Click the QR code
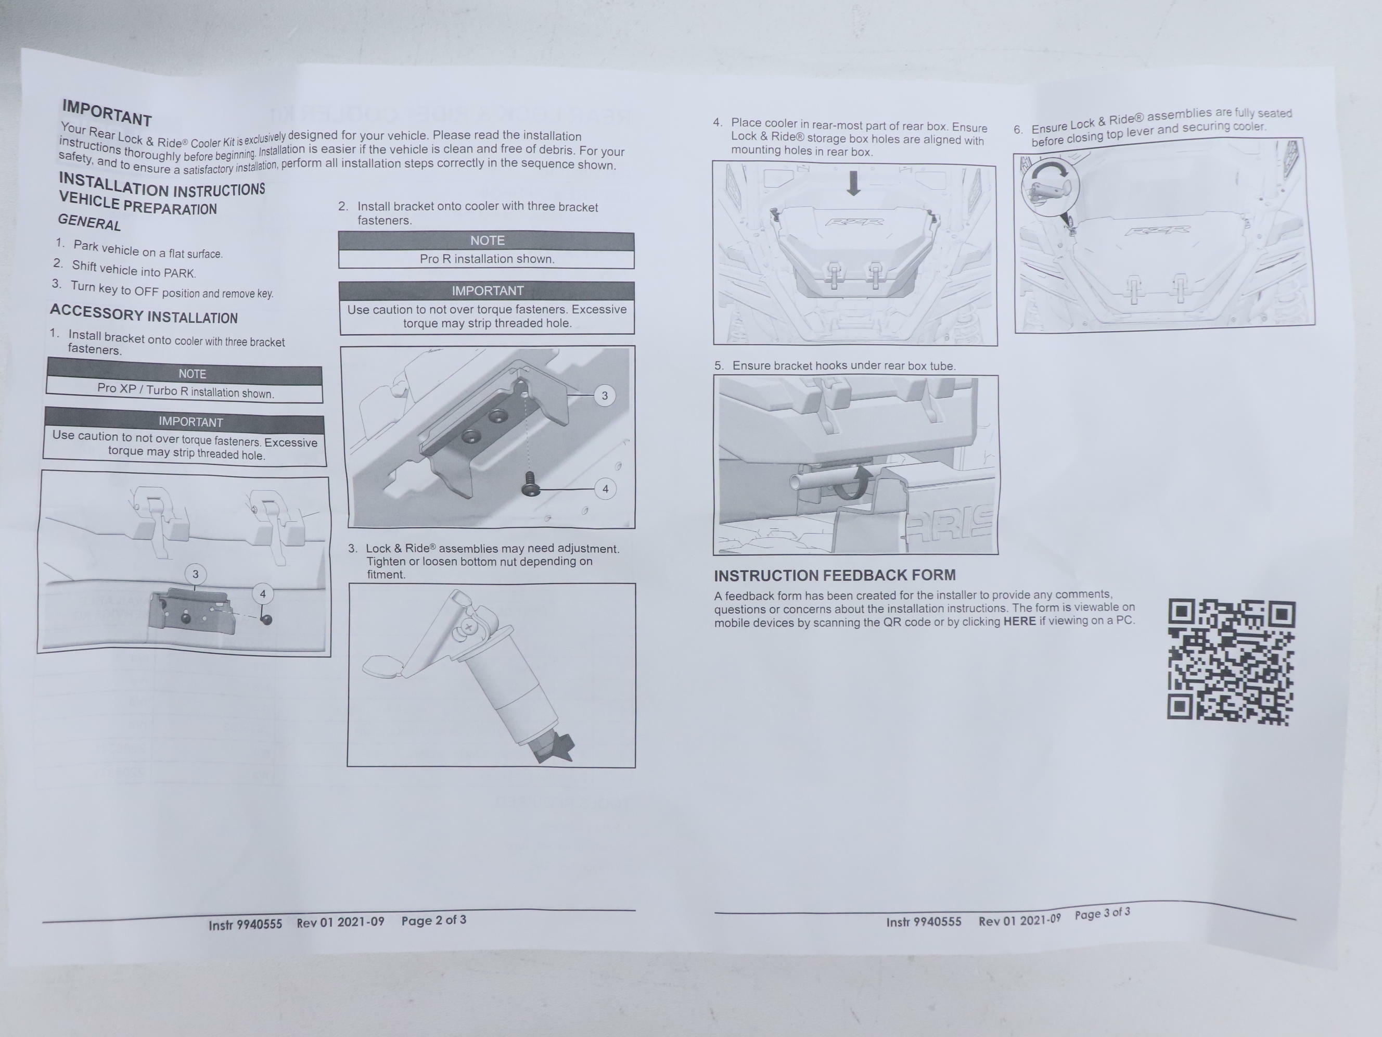pyautogui.click(x=1231, y=662)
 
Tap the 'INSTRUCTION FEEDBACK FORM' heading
pyautogui.click(x=835, y=575)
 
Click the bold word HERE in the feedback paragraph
pyautogui.click(x=1020, y=622)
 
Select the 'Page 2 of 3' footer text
pyautogui.click(x=433, y=920)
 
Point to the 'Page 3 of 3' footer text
pyautogui.click(x=1102, y=913)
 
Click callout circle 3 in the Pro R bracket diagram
pyautogui.click(x=604, y=396)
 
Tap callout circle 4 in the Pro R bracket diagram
pyautogui.click(x=605, y=489)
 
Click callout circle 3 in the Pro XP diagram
pyautogui.click(x=196, y=574)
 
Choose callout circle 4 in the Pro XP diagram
pyautogui.click(x=262, y=594)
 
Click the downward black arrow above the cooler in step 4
pyautogui.click(x=853, y=183)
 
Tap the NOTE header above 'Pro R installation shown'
pyautogui.click(x=488, y=241)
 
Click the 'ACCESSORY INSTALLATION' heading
pyautogui.click(x=144, y=314)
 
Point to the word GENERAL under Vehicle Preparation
pyautogui.click(x=89, y=222)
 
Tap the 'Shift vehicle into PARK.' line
pyautogui.click(x=134, y=270)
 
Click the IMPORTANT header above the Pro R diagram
pyautogui.click(x=488, y=290)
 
